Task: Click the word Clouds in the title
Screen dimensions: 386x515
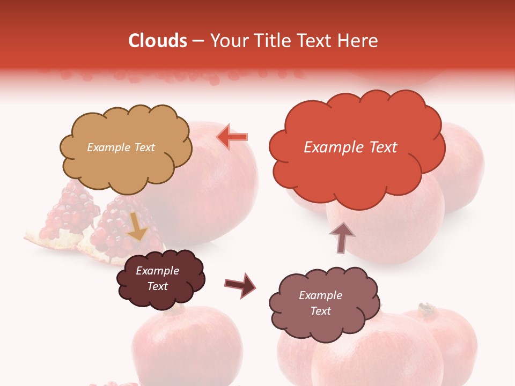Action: [158, 41]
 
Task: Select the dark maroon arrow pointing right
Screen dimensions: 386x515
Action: [240, 284]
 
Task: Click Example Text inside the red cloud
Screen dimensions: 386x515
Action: [350, 147]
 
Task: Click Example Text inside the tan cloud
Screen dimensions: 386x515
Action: [121, 147]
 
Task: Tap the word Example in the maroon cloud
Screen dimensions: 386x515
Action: [157, 271]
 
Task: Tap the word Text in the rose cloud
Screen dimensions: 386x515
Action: [320, 311]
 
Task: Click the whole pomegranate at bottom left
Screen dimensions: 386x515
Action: [188, 343]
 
